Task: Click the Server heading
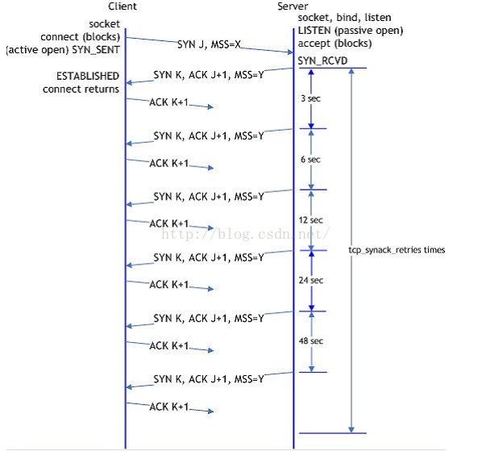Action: click(292, 6)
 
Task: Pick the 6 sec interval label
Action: click(310, 160)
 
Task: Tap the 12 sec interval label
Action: click(310, 220)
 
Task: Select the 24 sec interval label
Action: click(310, 281)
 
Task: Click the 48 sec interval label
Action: click(310, 341)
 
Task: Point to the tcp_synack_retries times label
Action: click(397, 250)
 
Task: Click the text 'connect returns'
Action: click(81, 89)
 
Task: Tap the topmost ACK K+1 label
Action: click(168, 102)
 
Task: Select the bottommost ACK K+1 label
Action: click(168, 407)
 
